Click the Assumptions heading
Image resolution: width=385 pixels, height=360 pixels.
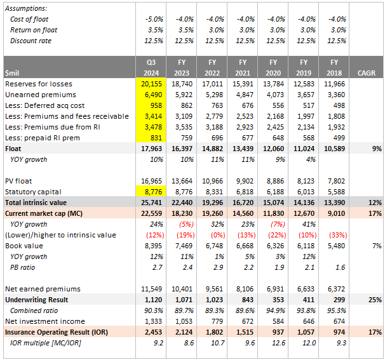[26, 8]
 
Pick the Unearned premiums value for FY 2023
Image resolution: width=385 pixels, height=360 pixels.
[182, 95]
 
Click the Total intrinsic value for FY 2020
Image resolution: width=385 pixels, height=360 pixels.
[275, 202]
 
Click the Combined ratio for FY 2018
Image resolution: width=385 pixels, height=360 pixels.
[337, 310]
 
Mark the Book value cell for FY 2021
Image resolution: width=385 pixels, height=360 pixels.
[244, 245]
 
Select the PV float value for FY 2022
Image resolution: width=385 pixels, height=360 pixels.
[213, 181]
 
